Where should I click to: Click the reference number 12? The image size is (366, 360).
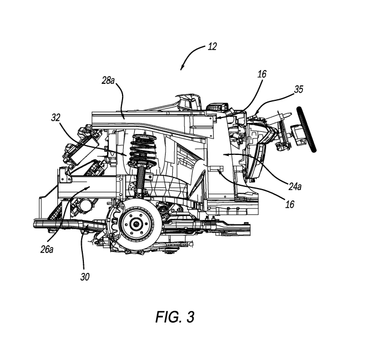coord(212,47)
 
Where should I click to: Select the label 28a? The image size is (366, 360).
coord(108,80)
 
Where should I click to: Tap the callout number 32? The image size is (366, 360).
coord(56,118)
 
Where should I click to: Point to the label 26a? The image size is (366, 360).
coord(47,250)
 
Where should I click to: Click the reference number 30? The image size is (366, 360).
coord(85,277)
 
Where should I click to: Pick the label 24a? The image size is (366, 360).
coord(295,186)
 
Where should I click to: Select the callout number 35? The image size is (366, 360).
coord(299,89)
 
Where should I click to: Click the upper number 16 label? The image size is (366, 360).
coord(262,74)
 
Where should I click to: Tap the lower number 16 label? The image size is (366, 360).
coord(290,204)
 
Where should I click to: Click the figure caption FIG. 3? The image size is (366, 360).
coord(175,317)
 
